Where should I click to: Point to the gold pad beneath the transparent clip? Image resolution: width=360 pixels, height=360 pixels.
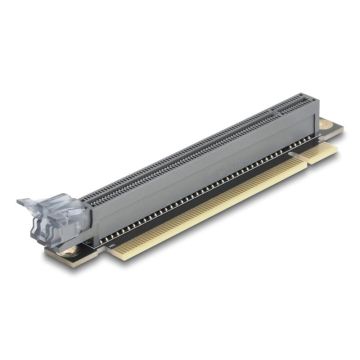click(67, 251)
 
